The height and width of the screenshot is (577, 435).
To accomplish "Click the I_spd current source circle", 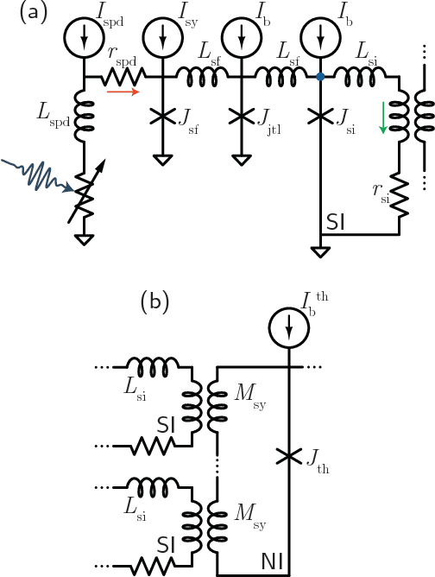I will [x=84, y=37].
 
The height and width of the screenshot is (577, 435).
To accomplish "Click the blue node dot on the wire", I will [x=320, y=77].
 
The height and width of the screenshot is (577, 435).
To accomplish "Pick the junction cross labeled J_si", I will [x=320, y=116].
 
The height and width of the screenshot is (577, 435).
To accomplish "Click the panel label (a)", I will [x=19, y=15].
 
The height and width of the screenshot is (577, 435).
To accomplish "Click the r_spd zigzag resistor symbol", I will [x=123, y=76].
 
